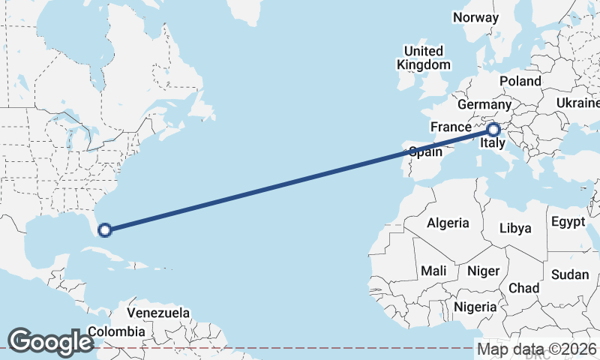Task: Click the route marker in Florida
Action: (x=105, y=229)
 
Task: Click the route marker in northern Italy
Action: (x=493, y=129)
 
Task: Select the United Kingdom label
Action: (x=423, y=58)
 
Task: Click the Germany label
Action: (x=483, y=104)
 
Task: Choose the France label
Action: (x=450, y=127)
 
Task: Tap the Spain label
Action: (x=425, y=151)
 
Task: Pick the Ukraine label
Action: (x=577, y=103)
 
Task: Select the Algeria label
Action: (x=448, y=223)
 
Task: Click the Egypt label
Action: (x=567, y=222)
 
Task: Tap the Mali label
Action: (x=433, y=270)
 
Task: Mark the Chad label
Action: (x=523, y=288)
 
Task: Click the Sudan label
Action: (x=569, y=274)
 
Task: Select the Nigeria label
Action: (x=475, y=307)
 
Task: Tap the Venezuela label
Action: (x=158, y=313)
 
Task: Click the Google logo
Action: (x=50, y=342)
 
